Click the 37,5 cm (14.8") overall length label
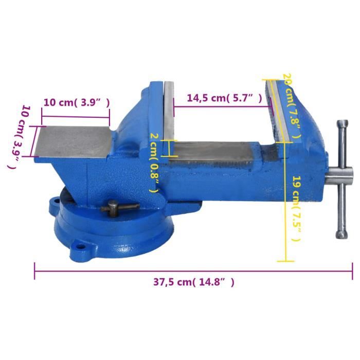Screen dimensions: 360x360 [x=193, y=282]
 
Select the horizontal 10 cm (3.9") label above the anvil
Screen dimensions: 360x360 [x=76, y=102]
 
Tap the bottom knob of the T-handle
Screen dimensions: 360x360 [x=341, y=234]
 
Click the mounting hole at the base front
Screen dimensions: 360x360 [x=79, y=247]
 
